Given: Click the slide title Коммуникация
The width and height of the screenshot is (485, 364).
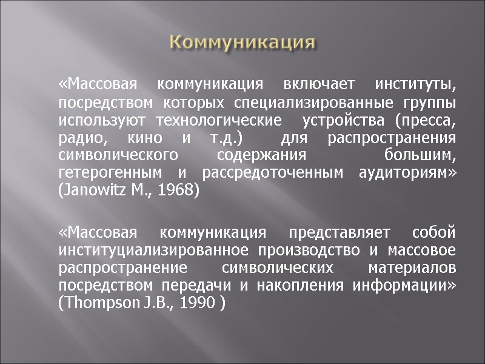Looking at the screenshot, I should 242,43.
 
